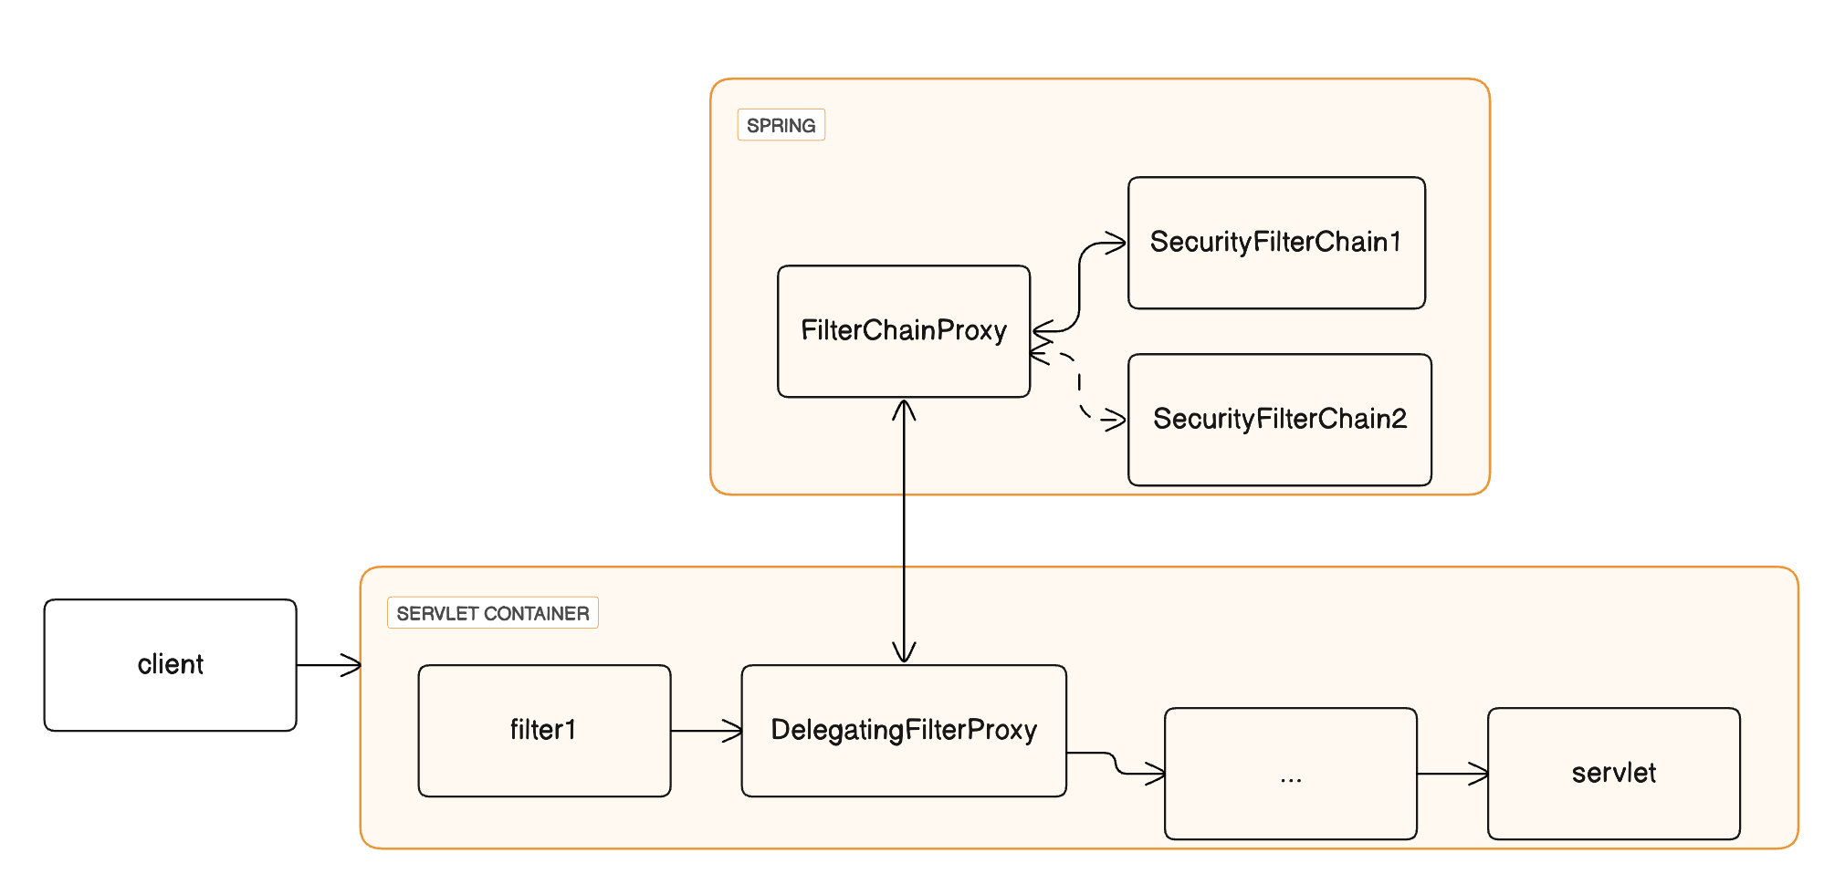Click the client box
(170, 664)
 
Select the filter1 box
(544, 730)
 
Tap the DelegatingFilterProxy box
(904, 730)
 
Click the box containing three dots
(1290, 774)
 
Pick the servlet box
(1613, 774)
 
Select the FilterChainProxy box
(903, 330)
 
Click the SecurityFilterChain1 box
(1275, 243)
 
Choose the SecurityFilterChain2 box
(1279, 420)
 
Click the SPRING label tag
(781, 125)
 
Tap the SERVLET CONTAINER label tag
(492, 613)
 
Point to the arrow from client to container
(329, 665)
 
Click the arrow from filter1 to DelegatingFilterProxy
(706, 730)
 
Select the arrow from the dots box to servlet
(1452, 774)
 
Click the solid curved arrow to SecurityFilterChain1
(1079, 283)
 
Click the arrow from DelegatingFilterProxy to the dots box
(1116, 763)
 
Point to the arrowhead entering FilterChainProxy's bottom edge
(904, 410)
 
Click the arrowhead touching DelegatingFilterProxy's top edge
(904, 651)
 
